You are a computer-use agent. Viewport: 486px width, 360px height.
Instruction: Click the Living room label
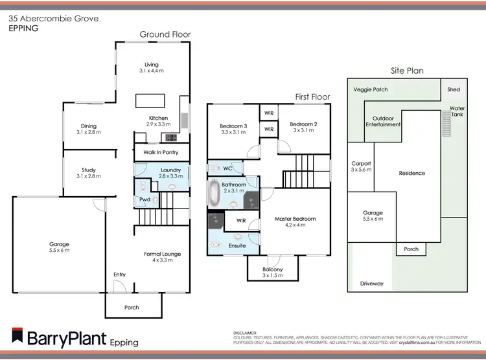tap(152, 64)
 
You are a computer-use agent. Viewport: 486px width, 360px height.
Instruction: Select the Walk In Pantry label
tap(161, 153)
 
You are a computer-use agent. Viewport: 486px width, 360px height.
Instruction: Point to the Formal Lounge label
tap(162, 254)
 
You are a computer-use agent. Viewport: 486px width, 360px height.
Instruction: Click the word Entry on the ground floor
tap(119, 275)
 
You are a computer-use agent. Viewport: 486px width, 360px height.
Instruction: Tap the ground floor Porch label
tap(132, 307)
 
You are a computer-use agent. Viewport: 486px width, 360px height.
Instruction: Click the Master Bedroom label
tap(295, 219)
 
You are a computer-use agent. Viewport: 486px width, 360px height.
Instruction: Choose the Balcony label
tap(272, 269)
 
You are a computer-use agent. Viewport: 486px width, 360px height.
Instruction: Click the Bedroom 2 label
tap(303, 124)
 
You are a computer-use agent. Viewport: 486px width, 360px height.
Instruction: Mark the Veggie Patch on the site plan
tap(371, 89)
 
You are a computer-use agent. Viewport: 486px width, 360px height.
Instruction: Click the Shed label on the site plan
tap(454, 89)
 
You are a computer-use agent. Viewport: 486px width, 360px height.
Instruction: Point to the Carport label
tap(360, 163)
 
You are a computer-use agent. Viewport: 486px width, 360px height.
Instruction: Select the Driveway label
tap(372, 284)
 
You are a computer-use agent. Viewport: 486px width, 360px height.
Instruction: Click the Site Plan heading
tap(407, 71)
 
